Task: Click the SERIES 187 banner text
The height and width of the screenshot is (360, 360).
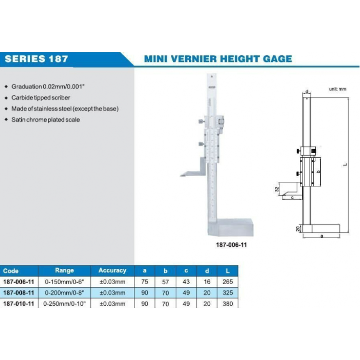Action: [36, 60]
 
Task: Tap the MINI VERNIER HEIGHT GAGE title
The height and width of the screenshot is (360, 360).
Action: [218, 59]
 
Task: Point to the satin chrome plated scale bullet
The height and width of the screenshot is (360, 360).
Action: [46, 120]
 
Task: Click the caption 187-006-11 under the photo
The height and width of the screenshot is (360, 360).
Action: [231, 244]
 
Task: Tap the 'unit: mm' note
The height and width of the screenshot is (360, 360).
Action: [337, 89]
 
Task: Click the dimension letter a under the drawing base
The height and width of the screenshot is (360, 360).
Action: [321, 236]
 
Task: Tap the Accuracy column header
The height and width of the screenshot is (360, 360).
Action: [112, 271]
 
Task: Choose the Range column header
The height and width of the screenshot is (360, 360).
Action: [64, 271]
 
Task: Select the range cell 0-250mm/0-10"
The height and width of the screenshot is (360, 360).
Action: [64, 304]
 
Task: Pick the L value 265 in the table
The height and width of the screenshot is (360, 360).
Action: [228, 282]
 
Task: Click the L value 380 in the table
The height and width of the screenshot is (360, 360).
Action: [228, 304]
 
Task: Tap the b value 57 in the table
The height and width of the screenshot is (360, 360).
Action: [166, 282]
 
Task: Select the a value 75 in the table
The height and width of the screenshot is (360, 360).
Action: [145, 282]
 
